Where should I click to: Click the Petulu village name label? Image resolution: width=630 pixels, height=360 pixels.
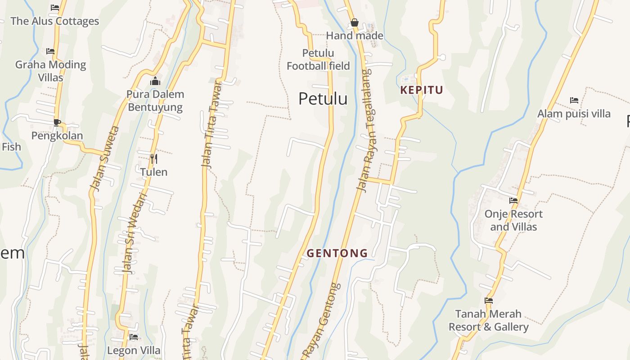pos(323,99)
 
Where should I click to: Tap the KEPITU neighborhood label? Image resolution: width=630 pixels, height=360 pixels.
pos(422,90)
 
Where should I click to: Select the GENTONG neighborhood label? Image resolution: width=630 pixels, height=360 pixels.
pos(337,253)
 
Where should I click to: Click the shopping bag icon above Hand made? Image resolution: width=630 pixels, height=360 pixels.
pos(355,23)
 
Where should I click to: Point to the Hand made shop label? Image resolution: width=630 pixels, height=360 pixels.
pos(355,36)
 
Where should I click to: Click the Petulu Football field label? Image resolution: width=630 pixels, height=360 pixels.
pos(318,59)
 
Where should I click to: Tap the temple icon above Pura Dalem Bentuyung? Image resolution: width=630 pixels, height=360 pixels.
pos(155,81)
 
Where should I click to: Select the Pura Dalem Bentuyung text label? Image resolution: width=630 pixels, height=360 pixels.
pos(155,101)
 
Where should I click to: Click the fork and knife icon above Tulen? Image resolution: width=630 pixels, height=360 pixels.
pos(153,158)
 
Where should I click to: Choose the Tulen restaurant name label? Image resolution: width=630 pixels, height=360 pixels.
pos(153,172)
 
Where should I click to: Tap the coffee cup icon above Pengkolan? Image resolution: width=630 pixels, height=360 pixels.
pos(57,122)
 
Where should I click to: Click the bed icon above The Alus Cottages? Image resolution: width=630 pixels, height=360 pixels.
pos(55,8)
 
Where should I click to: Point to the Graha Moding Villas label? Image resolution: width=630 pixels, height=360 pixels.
pos(50,71)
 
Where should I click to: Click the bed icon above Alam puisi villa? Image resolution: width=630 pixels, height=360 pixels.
pos(574,100)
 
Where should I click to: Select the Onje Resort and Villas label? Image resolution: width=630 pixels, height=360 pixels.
pos(513,220)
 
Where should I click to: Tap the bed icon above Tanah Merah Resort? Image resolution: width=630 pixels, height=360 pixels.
pos(489,301)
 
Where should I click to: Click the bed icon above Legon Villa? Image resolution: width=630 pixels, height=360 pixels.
pos(134,337)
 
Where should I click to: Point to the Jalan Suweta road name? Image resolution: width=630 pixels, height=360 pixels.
pos(104,158)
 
